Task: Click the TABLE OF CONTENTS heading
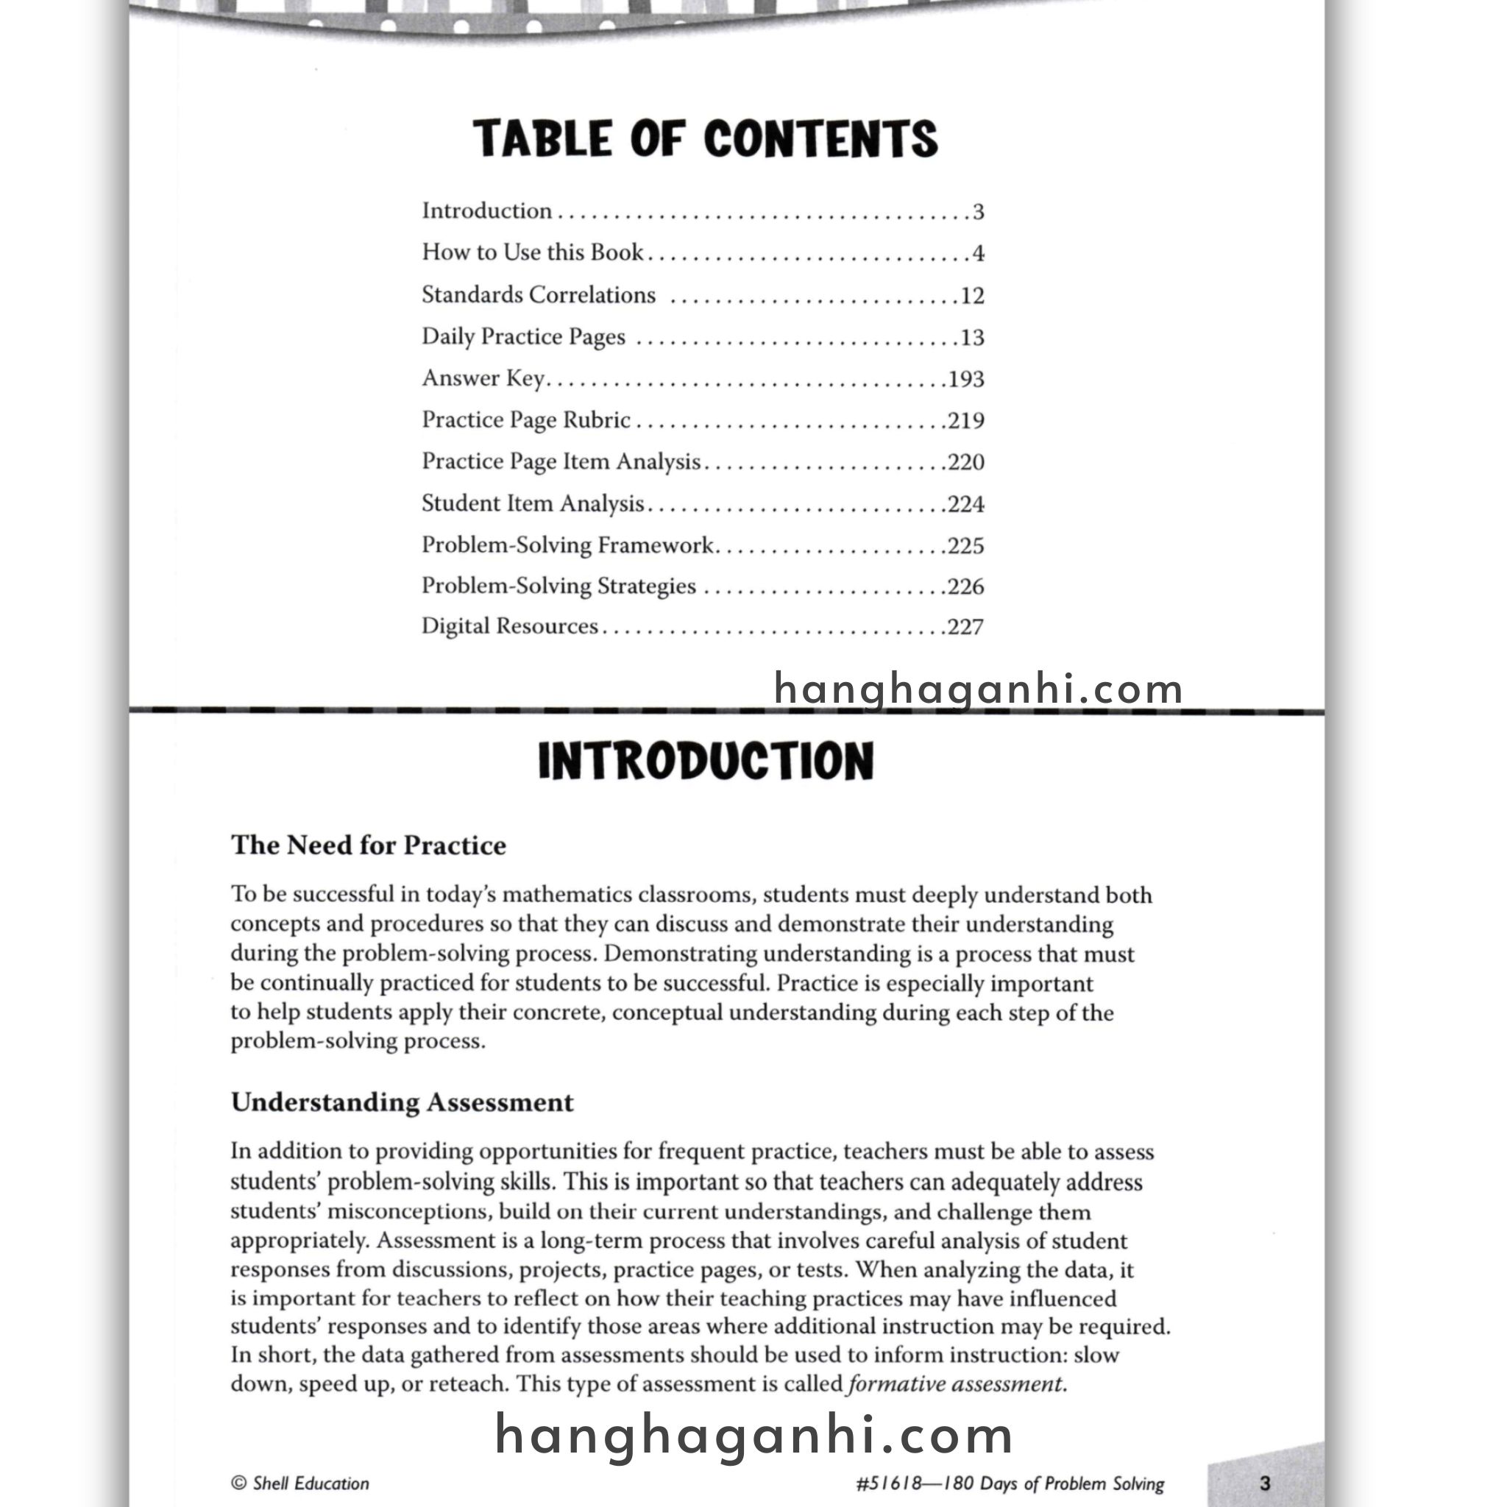point(705,139)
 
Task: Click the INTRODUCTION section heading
point(705,762)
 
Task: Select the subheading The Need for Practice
point(368,845)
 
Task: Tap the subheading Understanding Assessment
point(402,1102)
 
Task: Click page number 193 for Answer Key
point(965,379)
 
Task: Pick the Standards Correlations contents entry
point(538,295)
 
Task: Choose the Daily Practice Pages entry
point(523,337)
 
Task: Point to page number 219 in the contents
point(965,420)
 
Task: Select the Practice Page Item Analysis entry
point(561,462)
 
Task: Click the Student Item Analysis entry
point(533,503)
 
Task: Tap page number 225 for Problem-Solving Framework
point(965,545)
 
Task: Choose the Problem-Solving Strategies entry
point(559,586)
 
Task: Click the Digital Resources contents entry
point(509,626)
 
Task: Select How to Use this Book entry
point(533,252)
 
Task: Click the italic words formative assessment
point(957,1384)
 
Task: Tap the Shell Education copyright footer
point(300,1483)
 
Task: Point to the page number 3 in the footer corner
point(1265,1483)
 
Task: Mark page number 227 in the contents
point(965,627)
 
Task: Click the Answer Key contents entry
point(483,378)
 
